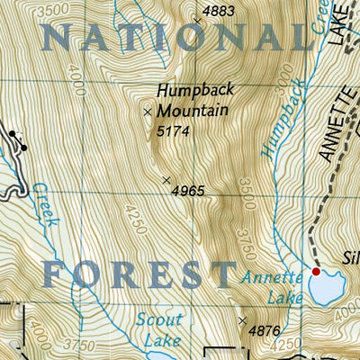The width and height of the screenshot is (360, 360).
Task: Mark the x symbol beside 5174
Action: click(148, 112)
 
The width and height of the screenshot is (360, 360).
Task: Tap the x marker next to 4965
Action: click(166, 180)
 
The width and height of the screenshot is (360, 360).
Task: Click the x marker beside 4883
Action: click(198, 18)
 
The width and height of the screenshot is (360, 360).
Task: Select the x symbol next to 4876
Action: click(242, 319)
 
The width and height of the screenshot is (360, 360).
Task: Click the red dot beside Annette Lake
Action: click(316, 271)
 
